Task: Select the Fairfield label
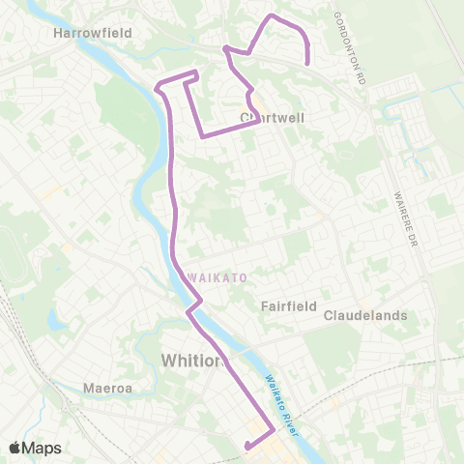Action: coord(289,305)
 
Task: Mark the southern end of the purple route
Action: coord(247,446)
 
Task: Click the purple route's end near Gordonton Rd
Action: coord(307,63)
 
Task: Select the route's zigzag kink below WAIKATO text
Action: coord(195,306)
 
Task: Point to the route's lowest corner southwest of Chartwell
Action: coord(202,137)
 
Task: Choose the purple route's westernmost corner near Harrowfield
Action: coord(157,88)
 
